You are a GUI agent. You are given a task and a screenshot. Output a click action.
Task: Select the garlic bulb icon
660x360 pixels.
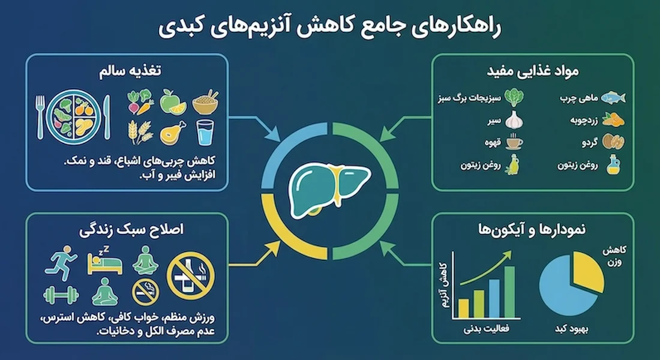(x=514, y=119)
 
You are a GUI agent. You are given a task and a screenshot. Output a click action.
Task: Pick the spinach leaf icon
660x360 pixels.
(x=514, y=97)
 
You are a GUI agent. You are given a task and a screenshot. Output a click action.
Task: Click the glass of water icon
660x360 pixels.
(x=205, y=131)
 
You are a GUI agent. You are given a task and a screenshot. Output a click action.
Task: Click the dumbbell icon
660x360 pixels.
(x=61, y=295)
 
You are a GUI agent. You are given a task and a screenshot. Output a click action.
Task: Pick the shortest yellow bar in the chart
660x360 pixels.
(x=463, y=307)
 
